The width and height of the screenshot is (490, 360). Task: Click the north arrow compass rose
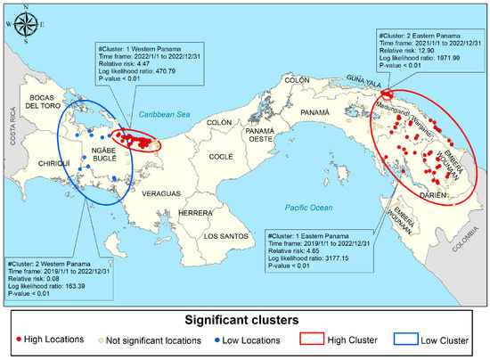(x=23, y=24)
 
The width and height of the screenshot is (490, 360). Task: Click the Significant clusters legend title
(x=245, y=318)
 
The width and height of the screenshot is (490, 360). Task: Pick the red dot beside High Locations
(x=20, y=340)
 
